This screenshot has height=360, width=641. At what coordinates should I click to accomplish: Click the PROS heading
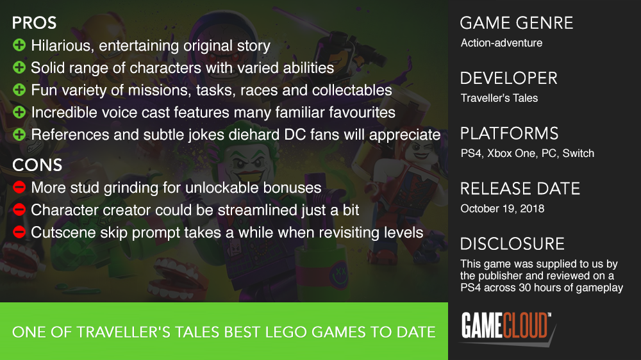[x=35, y=23]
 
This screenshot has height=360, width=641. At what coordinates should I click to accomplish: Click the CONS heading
[x=37, y=165]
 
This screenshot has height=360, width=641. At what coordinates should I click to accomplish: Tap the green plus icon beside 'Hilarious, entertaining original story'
[x=19, y=45]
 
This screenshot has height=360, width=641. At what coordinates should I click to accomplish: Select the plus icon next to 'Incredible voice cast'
[x=19, y=112]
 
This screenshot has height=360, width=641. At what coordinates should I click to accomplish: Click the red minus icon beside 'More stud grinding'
[x=19, y=187]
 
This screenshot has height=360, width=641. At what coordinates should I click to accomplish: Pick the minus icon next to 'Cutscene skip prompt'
[x=19, y=232]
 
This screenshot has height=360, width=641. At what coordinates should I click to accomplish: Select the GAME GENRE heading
[x=517, y=23]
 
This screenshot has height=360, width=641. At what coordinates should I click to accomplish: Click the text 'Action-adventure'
[x=502, y=43]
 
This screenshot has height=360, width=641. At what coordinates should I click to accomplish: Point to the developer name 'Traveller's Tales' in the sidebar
[x=499, y=98]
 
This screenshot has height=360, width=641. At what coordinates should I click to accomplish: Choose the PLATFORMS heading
[x=510, y=134]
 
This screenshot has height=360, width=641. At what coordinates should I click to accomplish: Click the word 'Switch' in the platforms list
[x=578, y=153]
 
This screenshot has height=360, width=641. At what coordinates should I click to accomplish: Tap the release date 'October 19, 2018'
[x=503, y=208]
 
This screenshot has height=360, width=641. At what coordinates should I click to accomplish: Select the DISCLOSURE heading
[x=513, y=244]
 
